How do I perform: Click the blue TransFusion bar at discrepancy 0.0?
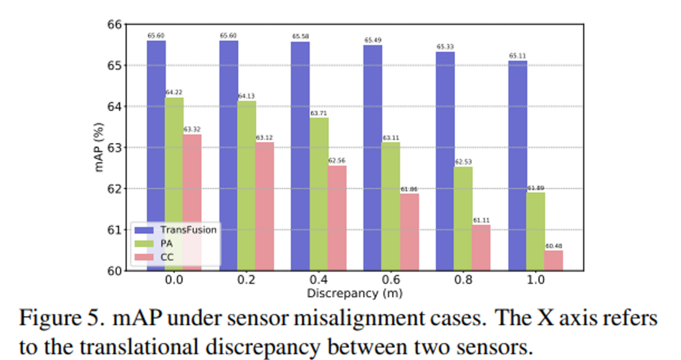pos(156,154)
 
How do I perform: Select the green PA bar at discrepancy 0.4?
pos(320,194)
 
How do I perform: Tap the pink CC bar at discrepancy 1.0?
pos(554,260)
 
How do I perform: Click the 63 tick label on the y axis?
pos(115,148)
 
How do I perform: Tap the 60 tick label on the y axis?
pos(115,271)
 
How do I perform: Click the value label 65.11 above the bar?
pos(518,55)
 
